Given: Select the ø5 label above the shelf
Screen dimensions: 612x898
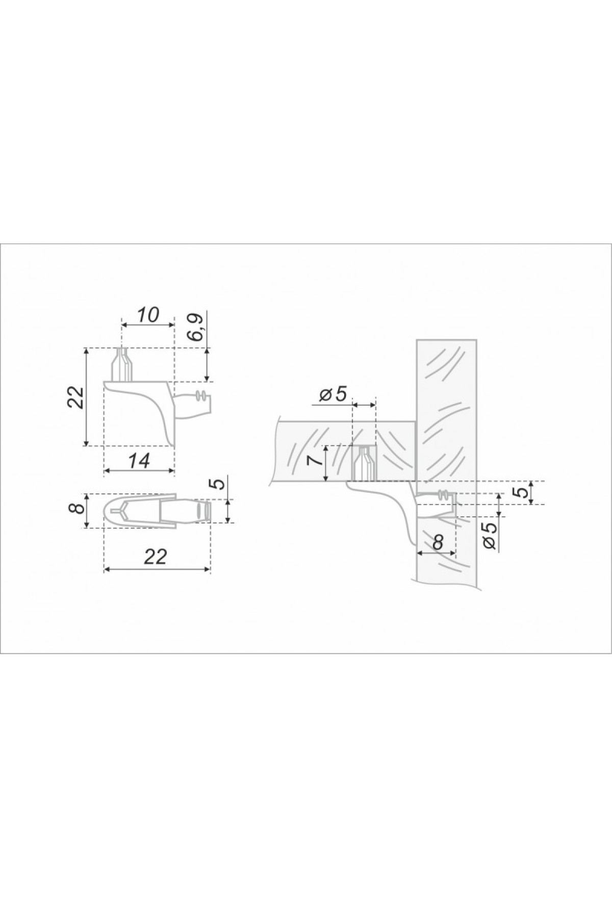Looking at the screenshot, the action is pos(334,393).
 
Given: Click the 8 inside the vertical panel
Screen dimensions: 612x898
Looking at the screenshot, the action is pos(437,541).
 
